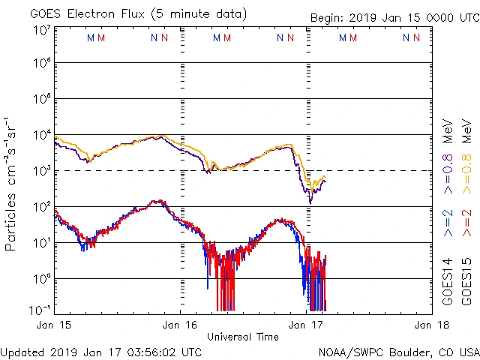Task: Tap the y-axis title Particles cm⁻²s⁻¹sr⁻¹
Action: [x=11, y=183]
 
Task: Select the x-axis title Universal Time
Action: [x=243, y=337]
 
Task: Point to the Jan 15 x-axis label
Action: [x=55, y=325]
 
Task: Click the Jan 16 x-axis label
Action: [x=181, y=325]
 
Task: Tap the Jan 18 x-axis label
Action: [x=430, y=325]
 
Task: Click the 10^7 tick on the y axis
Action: [x=41, y=29]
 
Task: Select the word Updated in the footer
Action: [x=22, y=352]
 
